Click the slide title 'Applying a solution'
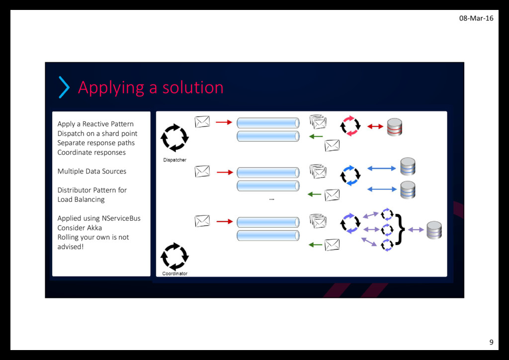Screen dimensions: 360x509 151,88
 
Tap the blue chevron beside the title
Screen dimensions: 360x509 64,88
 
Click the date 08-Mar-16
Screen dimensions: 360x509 476,18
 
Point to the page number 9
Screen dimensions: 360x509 491,342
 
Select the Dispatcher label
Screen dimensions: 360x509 174,160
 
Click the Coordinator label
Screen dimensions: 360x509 174,273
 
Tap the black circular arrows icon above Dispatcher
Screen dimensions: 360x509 174,137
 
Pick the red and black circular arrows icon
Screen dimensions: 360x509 350,126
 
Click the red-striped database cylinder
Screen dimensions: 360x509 394,127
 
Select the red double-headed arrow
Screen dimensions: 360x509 375,126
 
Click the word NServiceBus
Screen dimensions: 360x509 121,218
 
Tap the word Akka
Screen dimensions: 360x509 94,228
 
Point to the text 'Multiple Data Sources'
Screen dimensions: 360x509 92,171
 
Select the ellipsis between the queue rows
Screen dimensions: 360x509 271,199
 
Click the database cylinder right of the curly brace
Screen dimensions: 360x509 434,230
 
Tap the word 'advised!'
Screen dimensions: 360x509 70,247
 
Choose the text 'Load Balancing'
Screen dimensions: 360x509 81,199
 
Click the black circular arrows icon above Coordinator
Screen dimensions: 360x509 174,256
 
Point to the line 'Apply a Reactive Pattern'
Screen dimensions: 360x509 95,124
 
